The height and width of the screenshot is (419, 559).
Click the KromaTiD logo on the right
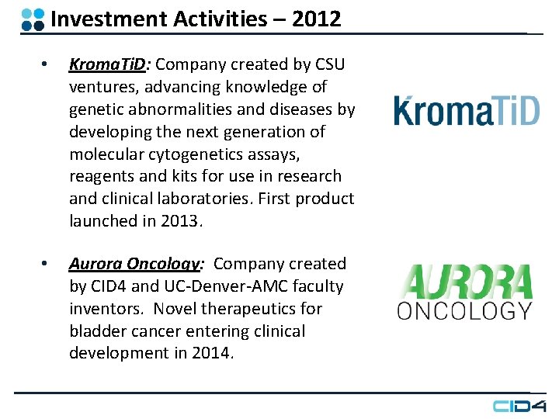[466, 110]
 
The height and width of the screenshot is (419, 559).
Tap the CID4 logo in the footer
[519, 405]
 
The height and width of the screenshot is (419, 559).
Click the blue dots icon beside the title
[33, 19]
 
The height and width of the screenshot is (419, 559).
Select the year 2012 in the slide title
[317, 19]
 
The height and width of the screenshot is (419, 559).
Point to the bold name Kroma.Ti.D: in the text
[109, 64]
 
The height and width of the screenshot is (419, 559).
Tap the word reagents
[100, 176]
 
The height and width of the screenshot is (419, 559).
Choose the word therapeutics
[244, 309]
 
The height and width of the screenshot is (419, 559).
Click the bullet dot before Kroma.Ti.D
[47, 64]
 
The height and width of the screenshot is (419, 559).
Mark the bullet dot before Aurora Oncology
[47, 264]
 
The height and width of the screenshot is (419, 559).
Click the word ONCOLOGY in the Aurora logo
[464, 311]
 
